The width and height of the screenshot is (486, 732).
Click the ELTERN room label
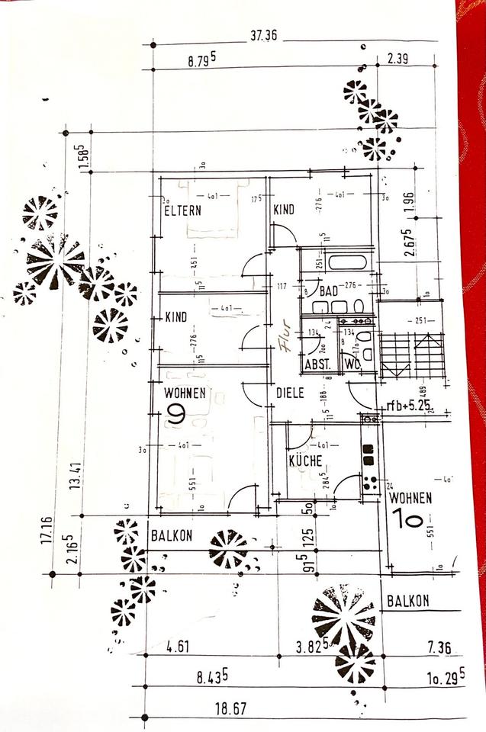coord(183,210)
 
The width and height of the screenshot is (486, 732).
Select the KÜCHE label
coord(305,460)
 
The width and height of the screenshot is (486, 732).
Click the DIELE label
coord(290,393)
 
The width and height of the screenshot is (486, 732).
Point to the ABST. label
coord(317,364)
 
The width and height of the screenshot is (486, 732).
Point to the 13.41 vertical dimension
coord(75,477)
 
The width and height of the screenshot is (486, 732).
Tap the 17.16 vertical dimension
coord(47,528)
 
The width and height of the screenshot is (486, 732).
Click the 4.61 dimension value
coord(178,648)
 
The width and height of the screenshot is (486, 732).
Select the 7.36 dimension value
coord(439,649)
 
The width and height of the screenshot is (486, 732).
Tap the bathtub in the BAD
coord(346,264)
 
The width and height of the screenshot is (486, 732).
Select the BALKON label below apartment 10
coord(407,601)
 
